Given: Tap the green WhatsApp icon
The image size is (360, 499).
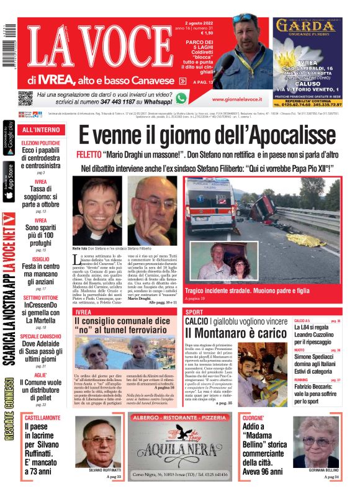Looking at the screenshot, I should [181, 98].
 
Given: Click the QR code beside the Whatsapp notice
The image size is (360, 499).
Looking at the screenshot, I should [25, 98].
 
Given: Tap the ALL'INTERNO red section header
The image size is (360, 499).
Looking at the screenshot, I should [41, 130].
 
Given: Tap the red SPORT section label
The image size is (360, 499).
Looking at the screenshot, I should [194, 312].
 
